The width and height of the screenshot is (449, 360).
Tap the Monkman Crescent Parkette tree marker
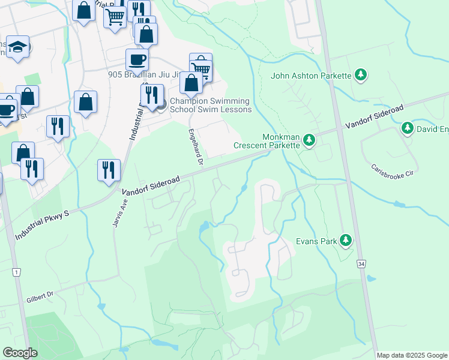point(309,140)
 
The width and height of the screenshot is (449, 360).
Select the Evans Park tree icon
point(346,241)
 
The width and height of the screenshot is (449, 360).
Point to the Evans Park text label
point(316,241)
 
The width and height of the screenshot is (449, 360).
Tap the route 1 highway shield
point(16,272)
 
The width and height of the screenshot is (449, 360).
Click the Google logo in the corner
point(20,353)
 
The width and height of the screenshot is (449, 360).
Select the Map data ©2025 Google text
point(412,355)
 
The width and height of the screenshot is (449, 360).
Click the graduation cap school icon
point(17,47)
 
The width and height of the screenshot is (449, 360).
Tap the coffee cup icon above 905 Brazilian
point(137,59)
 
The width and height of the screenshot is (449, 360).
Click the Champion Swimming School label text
point(210,105)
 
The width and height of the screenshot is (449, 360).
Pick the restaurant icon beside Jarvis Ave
point(109,169)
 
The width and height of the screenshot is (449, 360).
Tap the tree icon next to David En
point(407,128)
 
